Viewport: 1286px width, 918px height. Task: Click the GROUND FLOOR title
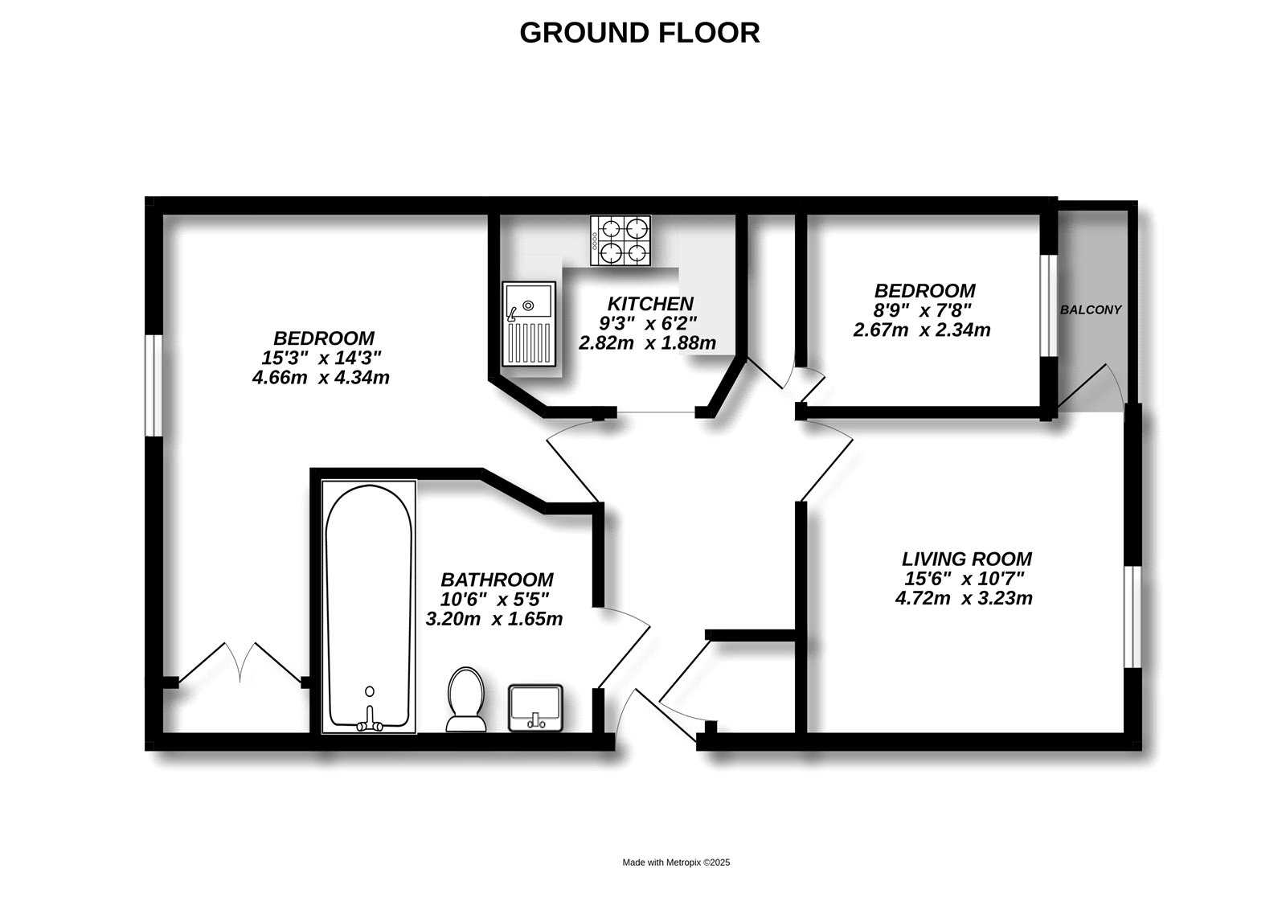click(x=639, y=33)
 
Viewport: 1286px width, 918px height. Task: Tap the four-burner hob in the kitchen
click(x=620, y=241)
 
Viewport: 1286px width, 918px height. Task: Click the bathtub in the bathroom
click(x=369, y=607)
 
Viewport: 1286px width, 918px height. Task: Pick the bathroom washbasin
click(x=535, y=707)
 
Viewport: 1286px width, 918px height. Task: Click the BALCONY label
click(x=1090, y=309)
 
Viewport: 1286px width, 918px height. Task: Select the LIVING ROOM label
click(x=966, y=559)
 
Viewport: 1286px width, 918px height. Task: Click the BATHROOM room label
click(x=497, y=580)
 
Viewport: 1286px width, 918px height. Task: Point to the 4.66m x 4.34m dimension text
click(x=321, y=377)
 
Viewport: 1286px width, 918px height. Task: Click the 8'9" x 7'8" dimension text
click(x=924, y=310)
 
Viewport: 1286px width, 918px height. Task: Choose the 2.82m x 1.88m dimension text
click(x=647, y=343)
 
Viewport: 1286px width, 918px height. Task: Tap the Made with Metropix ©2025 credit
click(x=676, y=863)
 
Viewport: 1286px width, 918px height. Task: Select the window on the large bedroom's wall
click(x=154, y=385)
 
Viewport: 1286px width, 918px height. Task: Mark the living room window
click(x=1132, y=617)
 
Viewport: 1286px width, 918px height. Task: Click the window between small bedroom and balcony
click(x=1048, y=305)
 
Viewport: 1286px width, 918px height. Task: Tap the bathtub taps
click(x=370, y=720)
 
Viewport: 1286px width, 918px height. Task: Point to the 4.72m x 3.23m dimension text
click(x=963, y=598)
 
